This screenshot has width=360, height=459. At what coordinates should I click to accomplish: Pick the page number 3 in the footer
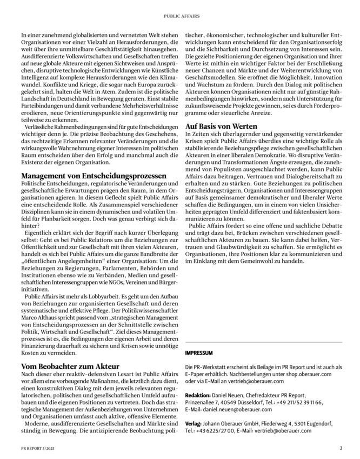click(x=341, y=448)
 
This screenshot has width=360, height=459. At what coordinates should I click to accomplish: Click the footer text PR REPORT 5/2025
click(x=38, y=448)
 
